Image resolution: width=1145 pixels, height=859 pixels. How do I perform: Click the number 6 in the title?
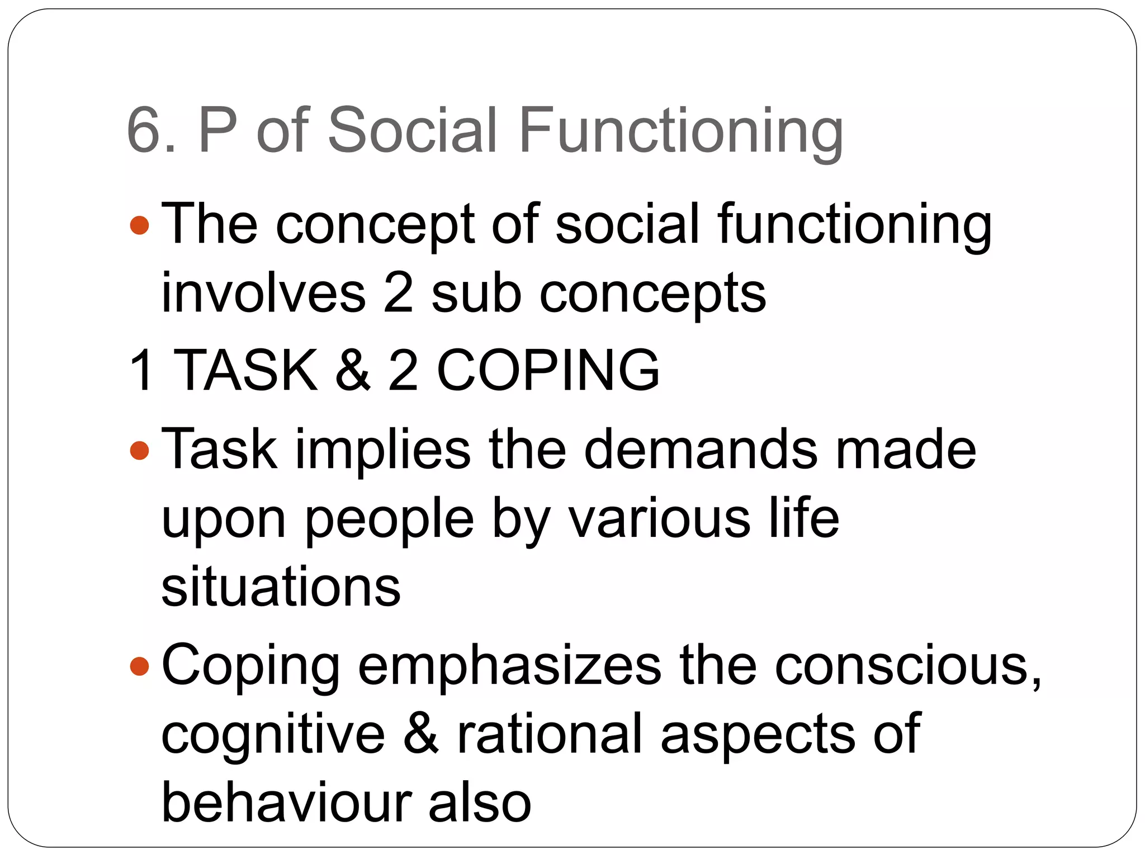(146, 130)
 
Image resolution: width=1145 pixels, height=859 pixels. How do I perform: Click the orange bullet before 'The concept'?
(139, 226)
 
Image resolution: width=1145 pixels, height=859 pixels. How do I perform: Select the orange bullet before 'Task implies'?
(139, 450)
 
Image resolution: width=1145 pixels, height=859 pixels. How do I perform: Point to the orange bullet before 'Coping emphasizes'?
(139, 666)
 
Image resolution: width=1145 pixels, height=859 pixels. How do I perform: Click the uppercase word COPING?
(548, 370)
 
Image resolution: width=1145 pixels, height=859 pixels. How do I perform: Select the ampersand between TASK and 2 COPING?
(352, 370)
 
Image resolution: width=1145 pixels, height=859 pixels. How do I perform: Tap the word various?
(659, 519)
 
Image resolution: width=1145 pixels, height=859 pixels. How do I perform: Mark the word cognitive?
(273, 734)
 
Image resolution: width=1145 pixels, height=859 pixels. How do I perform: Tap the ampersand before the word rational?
(420, 734)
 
